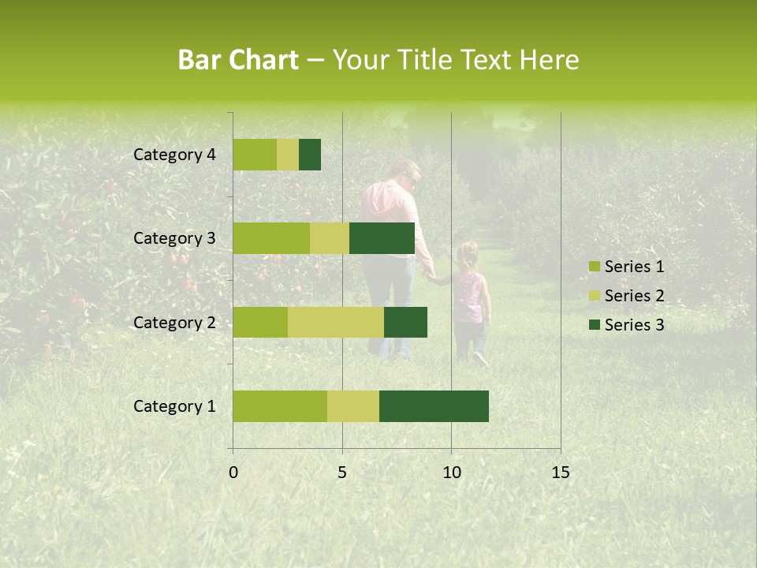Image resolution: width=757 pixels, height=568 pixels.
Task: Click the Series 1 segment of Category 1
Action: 280,406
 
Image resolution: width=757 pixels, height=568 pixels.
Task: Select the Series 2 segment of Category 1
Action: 353,406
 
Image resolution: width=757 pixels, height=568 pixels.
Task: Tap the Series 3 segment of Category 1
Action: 434,406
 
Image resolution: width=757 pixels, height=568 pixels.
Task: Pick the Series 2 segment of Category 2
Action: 336,322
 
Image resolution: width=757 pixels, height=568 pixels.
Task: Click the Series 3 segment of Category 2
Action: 405,322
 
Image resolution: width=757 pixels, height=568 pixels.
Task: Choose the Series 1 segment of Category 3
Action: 271,238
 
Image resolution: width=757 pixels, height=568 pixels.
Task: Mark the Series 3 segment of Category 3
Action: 382,238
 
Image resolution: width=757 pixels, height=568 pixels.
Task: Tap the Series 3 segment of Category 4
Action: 310,155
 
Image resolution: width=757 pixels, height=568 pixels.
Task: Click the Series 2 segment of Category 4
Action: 288,155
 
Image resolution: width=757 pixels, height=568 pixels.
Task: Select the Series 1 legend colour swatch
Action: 594,267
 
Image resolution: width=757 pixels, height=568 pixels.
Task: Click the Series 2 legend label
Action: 634,296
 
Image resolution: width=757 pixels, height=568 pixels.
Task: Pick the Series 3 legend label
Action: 634,325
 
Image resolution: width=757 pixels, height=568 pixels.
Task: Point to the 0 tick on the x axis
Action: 233,473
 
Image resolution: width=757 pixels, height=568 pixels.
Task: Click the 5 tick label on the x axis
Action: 342,473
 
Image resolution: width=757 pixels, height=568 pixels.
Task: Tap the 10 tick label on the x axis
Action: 451,473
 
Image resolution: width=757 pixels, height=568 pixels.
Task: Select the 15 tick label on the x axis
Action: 560,473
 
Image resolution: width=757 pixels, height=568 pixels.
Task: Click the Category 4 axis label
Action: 174,155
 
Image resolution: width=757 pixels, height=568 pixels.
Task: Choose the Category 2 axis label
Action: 174,322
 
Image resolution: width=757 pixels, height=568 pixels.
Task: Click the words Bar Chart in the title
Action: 237,60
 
